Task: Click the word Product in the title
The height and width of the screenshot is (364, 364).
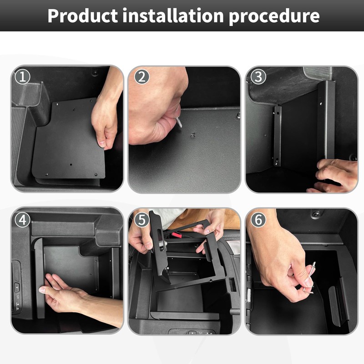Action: pos(83,16)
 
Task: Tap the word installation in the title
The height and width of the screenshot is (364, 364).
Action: pos(173,15)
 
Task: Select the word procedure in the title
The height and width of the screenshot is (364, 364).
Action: pos(274,17)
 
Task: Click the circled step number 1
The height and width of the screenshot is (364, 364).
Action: pos(22,77)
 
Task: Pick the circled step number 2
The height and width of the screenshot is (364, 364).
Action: pos(142,77)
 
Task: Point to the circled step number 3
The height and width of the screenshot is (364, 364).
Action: pos(258,76)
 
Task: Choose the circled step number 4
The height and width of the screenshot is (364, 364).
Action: pos(22,220)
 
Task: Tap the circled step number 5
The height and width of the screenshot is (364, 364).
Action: pos(142,220)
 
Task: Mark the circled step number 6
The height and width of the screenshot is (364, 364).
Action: pos(258,220)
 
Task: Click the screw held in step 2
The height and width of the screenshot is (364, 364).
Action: pos(179,122)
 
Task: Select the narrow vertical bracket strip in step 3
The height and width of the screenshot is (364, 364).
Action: pos(278,136)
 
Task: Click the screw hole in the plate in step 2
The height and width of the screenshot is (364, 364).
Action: pos(192,135)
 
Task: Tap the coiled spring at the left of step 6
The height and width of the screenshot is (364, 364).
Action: pos(248,295)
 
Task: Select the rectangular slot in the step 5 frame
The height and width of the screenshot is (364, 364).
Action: pos(160,235)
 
